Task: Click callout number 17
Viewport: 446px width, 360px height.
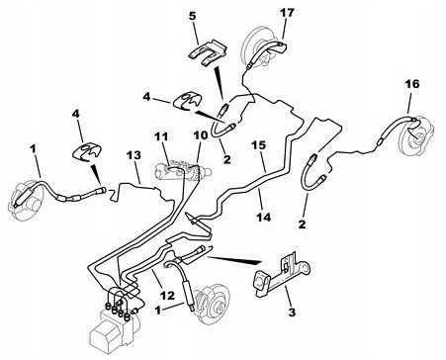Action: (287, 13)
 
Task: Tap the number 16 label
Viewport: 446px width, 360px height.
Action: (412, 84)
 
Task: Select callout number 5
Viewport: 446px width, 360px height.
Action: (193, 16)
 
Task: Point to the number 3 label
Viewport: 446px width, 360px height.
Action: (293, 313)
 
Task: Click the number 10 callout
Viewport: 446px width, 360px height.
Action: (201, 135)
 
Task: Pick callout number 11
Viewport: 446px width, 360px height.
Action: (161, 136)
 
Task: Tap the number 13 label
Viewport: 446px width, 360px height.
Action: (134, 155)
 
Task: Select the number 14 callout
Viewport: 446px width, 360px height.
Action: (263, 217)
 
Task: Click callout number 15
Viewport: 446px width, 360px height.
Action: (259, 145)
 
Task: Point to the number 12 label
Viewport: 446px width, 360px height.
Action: (167, 296)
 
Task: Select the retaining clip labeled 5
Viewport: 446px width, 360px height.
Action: (209, 52)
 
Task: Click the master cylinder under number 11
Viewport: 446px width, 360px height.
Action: (181, 170)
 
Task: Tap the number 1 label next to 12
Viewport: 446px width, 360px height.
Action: (158, 311)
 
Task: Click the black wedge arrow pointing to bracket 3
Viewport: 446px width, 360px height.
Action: (234, 259)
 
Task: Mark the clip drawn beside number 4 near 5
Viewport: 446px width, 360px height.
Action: (187, 101)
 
